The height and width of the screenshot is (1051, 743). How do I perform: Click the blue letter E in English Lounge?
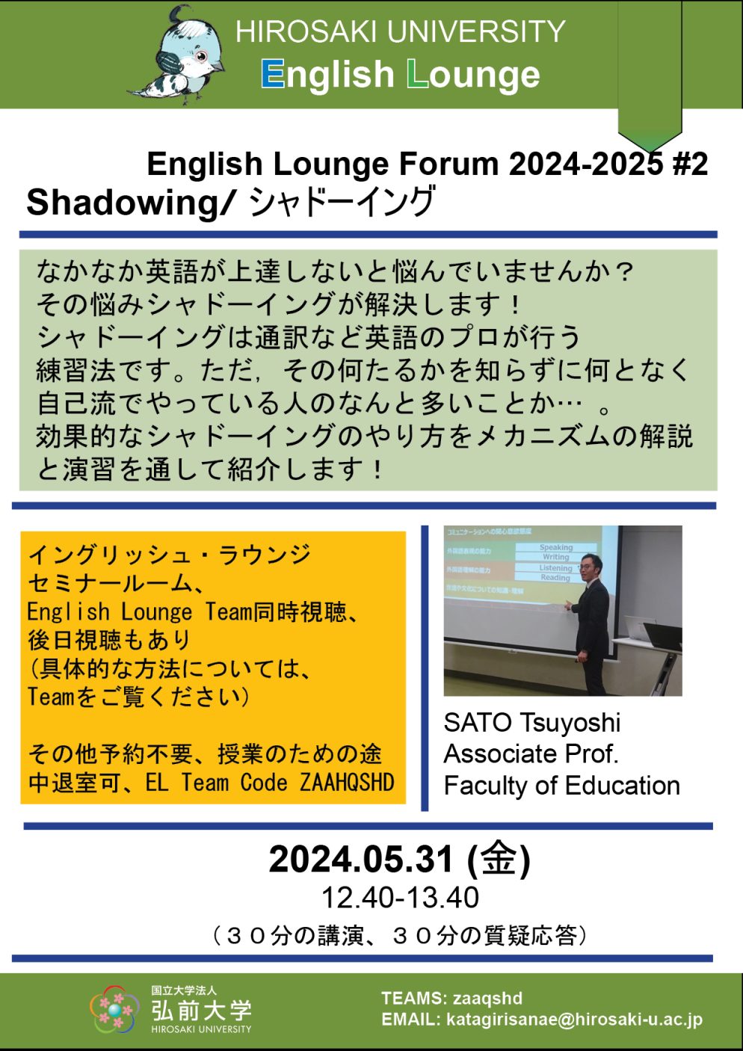(x=273, y=75)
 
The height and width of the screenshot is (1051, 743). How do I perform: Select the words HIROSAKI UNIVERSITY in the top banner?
(x=400, y=32)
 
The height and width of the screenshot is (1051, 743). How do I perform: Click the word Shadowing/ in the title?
(x=132, y=203)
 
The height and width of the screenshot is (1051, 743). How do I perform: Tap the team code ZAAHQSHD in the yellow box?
(x=347, y=783)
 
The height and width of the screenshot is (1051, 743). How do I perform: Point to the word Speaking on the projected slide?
(x=556, y=547)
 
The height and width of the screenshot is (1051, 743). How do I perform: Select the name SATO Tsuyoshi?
(x=531, y=723)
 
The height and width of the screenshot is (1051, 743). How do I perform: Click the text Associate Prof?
(x=531, y=754)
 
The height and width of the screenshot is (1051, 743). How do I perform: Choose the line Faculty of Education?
(x=561, y=786)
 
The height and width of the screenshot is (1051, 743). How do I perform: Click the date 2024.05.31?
(x=361, y=860)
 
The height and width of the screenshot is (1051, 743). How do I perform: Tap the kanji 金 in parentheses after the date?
(x=499, y=859)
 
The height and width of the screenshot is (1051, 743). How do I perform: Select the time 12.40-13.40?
(x=400, y=898)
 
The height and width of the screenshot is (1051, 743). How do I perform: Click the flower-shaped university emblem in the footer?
(x=115, y=1010)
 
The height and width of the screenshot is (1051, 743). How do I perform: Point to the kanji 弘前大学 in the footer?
(x=201, y=1010)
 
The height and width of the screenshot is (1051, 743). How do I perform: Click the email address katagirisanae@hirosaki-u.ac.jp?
(x=574, y=1020)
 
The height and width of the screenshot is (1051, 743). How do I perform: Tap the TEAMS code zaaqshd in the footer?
(x=487, y=998)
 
